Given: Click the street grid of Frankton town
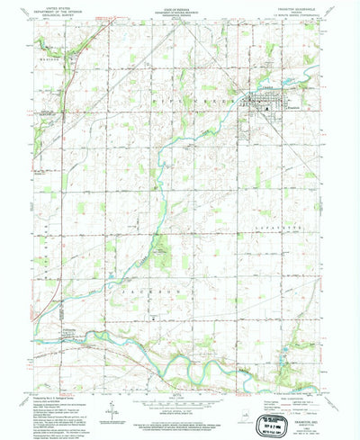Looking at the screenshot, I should pos(263,101).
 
